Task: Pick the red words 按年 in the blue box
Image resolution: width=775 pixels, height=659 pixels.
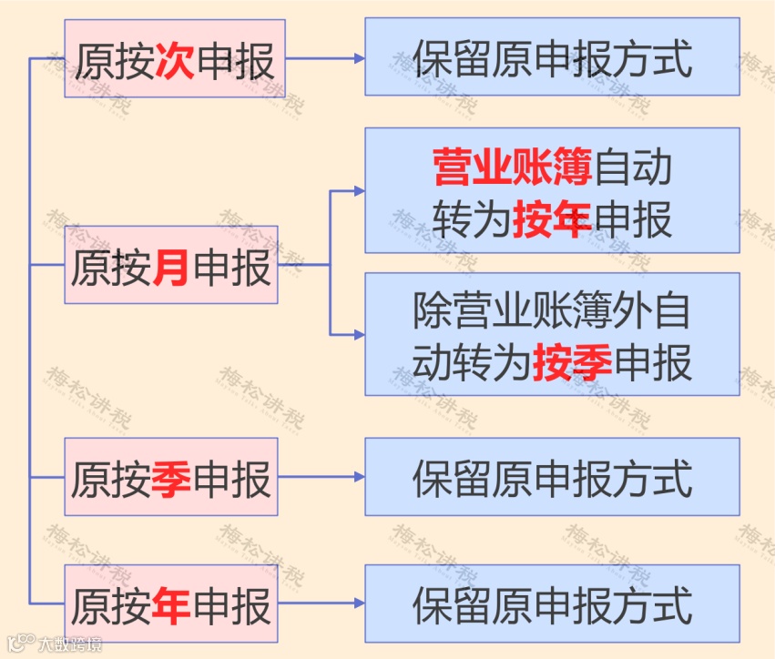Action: pyautogui.click(x=552, y=219)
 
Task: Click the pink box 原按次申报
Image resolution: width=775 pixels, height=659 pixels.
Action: pyautogui.click(x=175, y=61)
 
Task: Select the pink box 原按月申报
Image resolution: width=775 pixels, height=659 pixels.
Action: pyautogui.click(x=171, y=266)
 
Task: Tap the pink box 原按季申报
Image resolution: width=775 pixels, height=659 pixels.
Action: pyautogui.click(x=171, y=477)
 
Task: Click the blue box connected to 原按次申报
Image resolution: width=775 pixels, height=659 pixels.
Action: pyautogui.click(x=552, y=57)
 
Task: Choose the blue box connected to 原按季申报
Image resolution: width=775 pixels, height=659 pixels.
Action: pyautogui.click(x=552, y=476)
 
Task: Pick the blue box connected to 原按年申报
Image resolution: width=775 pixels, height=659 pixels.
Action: pyautogui.click(x=552, y=603)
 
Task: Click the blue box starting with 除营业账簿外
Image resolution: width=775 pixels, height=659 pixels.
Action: pyautogui.click(x=552, y=334)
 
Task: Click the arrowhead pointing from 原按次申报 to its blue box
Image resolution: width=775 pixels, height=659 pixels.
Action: pyautogui.click(x=360, y=58)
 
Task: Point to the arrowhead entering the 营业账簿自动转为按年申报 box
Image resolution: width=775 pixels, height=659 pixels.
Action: pyautogui.click(x=360, y=191)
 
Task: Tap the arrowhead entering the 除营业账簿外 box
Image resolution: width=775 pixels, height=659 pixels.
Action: pyautogui.click(x=360, y=334)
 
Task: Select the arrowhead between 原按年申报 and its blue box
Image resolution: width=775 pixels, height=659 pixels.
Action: pyautogui.click(x=360, y=603)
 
